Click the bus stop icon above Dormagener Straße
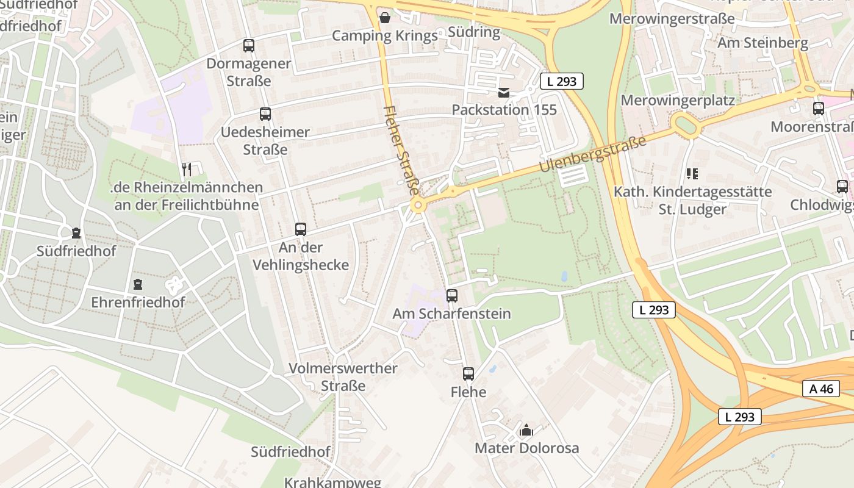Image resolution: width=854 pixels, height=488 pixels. coord(248,45)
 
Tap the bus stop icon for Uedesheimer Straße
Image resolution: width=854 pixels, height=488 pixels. coord(265,113)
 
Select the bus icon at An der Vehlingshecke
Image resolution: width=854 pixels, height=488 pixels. coord(300,229)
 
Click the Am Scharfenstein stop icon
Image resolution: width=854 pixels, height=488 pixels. coord(451,295)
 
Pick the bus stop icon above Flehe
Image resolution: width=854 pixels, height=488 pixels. coord(468,374)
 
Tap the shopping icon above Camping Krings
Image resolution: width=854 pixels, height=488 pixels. coord(384,18)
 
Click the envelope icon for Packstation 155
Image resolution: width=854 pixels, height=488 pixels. coord(504,93)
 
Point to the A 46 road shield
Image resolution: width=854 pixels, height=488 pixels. coord(821,389)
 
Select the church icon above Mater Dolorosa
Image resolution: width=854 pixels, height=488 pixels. coord(526,430)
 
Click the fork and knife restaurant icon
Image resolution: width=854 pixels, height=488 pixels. coord(187,169)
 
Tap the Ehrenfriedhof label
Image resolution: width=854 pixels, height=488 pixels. coord(138,302)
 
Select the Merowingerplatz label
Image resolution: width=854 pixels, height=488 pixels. coord(678,99)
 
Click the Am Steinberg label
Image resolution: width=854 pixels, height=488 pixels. coord(762,43)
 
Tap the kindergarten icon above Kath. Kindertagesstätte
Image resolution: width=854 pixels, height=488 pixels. coord(692,174)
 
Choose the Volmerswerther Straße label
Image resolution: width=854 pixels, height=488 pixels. coord(343,377)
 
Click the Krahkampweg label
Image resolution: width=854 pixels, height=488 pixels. coord(332,482)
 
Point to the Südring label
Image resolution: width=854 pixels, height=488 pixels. coord(474,32)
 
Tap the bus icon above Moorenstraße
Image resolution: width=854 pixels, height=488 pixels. coord(818,109)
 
